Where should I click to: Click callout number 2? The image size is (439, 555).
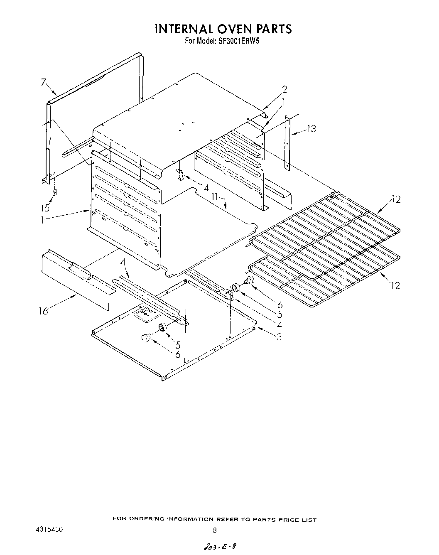pyautogui.click(x=284, y=89)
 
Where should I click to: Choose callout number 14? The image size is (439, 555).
pyautogui.click(x=204, y=188)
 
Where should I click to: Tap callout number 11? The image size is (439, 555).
pyautogui.click(x=214, y=196)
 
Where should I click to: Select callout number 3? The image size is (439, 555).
pyautogui.click(x=279, y=337)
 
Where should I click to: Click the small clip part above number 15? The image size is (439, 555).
pyautogui.click(x=54, y=193)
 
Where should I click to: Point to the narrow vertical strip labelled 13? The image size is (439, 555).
pyautogui.click(x=287, y=142)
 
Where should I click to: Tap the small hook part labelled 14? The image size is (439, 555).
pyautogui.click(x=179, y=175)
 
